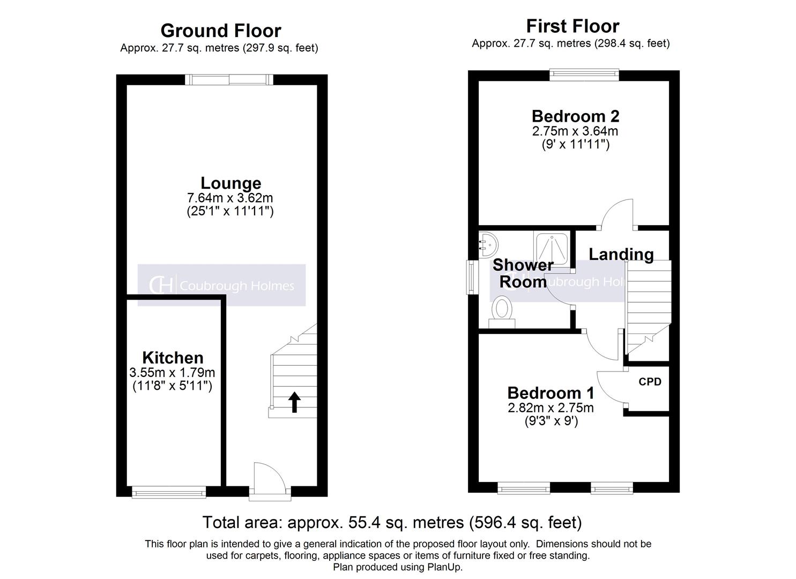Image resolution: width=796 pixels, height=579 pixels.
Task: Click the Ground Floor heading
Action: tap(220, 31)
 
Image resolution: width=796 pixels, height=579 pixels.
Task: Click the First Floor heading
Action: tap(572, 26)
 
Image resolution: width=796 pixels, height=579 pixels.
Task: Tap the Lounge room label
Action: tap(230, 183)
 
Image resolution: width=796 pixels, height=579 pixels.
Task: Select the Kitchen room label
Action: tap(173, 358)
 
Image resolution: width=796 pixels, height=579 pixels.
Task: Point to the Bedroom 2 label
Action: tap(575, 116)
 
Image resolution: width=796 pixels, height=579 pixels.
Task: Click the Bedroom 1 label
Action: tap(550, 393)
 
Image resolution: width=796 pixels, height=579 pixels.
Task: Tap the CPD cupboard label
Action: tap(650, 382)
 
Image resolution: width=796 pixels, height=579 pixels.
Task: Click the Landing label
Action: tap(621, 254)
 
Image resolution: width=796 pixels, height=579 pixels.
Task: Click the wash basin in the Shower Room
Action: tap(487, 244)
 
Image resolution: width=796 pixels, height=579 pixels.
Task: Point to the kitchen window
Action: tap(169, 491)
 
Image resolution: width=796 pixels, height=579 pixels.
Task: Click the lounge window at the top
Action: tap(229, 80)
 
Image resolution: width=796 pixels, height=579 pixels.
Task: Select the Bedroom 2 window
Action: tap(584, 76)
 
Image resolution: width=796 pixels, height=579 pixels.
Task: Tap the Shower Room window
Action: tap(472, 277)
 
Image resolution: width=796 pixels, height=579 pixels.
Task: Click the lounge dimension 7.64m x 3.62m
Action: tap(230, 198)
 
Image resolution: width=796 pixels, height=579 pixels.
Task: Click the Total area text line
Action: tap(392, 522)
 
